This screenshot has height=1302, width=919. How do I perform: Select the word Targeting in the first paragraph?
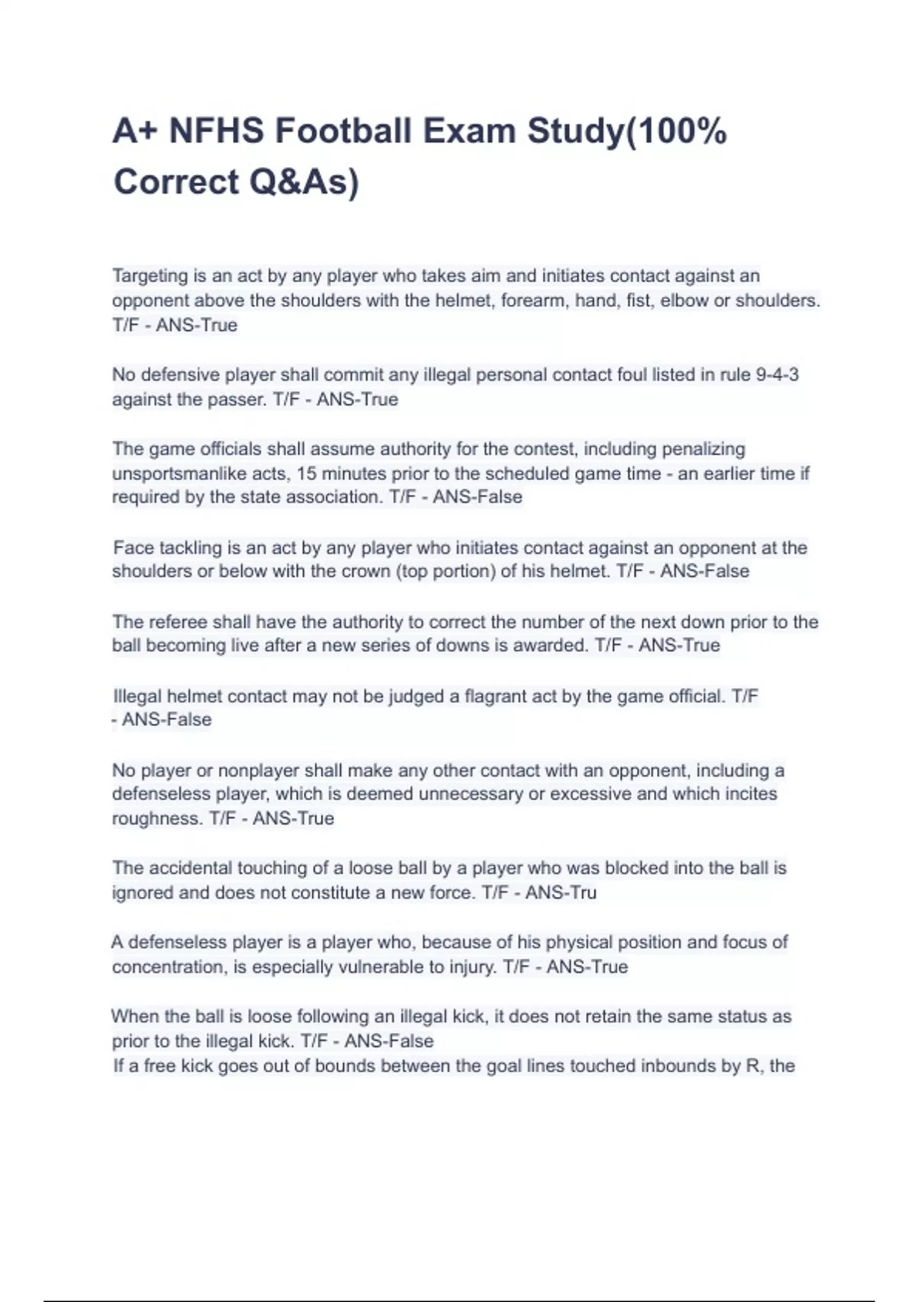[x=150, y=276]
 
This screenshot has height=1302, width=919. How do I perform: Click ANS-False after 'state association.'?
[x=477, y=497]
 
